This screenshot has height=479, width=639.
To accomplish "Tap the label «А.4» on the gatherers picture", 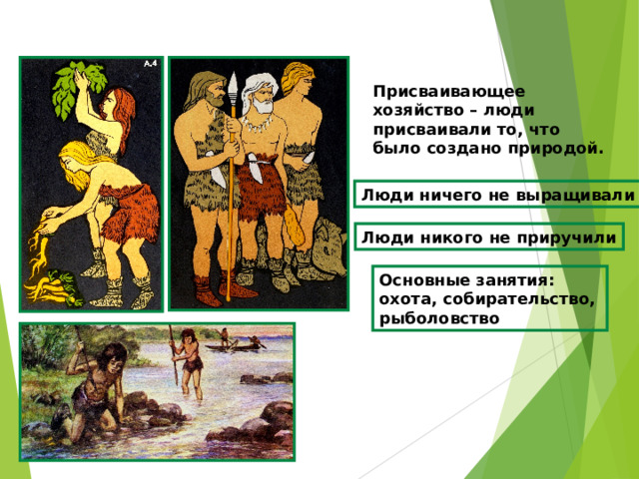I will click(150, 65).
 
